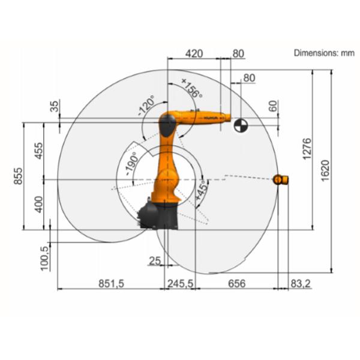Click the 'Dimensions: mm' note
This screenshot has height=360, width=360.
pos(324,53)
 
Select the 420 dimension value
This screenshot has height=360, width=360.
pos(193,53)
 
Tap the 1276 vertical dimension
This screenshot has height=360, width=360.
pos(307,149)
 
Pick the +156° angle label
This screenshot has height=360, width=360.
pos(191,88)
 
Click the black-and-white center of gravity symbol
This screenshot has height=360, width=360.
pos(240,125)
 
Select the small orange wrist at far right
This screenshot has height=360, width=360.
pos(281,179)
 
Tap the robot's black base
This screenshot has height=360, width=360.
pos(158,216)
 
